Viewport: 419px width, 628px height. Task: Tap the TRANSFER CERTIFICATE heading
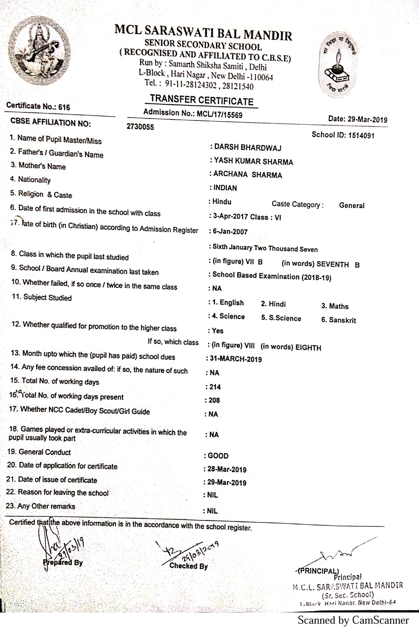point(202,100)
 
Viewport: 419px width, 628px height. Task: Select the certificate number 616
point(64,107)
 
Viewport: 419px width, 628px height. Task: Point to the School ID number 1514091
point(361,135)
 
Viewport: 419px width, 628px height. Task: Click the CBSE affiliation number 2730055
point(140,127)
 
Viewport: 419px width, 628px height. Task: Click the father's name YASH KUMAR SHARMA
point(253,162)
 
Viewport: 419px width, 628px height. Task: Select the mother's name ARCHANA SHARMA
point(248,175)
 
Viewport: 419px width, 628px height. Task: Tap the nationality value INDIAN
point(225,188)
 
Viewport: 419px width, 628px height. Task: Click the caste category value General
point(352,206)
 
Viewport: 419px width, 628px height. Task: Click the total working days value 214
point(215,387)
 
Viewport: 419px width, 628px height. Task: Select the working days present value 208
point(214,400)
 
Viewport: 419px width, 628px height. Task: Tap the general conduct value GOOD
point(218,456)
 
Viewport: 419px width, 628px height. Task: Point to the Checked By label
point(189,566)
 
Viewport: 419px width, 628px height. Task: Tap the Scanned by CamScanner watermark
point(353,620)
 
